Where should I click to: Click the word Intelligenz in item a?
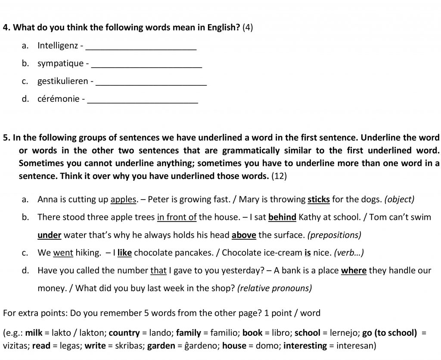click(58, 45)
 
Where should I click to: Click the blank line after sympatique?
click(147, 64)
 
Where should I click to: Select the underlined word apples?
click(124, 200)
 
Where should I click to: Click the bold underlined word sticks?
click(319, 200)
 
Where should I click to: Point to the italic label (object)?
click(399, 200)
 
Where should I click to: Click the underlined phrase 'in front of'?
click(177, 217)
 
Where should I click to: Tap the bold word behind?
click(282, 217)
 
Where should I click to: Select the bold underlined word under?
click(50, 235)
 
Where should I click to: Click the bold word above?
click(244, 235)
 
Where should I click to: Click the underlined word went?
click(63, 253)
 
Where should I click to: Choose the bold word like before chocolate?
click(124, 253)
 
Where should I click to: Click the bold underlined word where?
click(354, 271)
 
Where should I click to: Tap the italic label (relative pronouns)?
click(274, 288)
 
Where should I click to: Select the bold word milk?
click(34, 333)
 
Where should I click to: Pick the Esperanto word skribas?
click(130, 346)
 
